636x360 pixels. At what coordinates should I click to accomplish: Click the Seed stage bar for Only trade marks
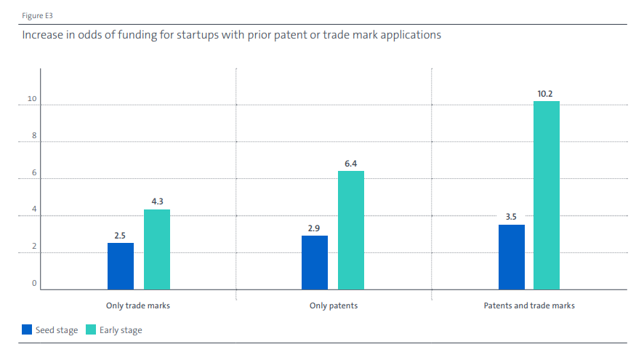click(x=121, y=266)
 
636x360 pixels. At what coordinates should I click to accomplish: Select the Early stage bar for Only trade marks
click(x=157, y=249)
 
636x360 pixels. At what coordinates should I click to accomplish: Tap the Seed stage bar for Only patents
click(x=315, y=263)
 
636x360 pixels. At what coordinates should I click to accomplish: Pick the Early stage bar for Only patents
click(x=351, y=230)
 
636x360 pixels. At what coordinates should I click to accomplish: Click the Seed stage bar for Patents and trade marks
click(x=512, y=257)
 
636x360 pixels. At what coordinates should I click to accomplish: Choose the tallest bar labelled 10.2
click(x=547, y=195)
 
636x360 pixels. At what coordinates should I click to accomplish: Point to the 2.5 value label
click(x=121, y=234)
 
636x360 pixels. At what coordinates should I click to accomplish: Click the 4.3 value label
click(x=157, y=201)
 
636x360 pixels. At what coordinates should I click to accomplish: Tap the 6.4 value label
click(x=351, y=163)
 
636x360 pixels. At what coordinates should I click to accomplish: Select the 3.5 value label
click(x=512, y=217)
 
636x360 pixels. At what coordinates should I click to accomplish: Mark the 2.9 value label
click(x=315, y=228)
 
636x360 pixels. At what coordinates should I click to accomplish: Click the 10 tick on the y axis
click(x=31, y=100)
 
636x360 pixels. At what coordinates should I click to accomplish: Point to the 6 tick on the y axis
click(x=33, y=175)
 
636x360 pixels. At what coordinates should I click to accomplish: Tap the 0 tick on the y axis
click(x=33, y=284)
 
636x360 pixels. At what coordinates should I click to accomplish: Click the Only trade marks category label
click(x=138, y=306)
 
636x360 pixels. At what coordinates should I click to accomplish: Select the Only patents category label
click(x=333, y=306)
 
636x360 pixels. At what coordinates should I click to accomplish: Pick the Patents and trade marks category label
click(x=529, y=306)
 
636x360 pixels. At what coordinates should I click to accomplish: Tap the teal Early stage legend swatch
click(x=90, y=330)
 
